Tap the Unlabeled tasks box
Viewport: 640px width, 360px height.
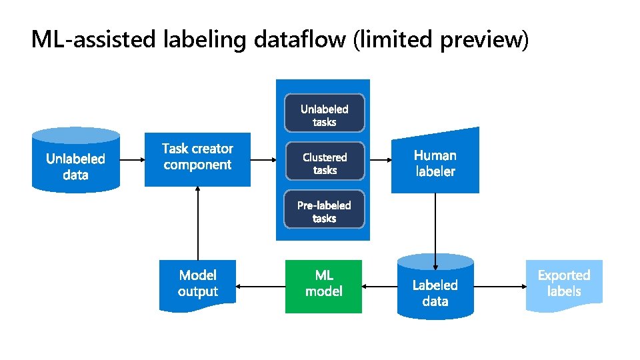coord(324,115)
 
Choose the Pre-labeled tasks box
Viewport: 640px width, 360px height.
coord(324,211)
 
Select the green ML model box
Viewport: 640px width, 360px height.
coord(323,286)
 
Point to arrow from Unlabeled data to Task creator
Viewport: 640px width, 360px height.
coord(132,160)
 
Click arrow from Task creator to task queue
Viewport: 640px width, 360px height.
coord(263,160)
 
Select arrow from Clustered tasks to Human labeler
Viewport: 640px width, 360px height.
coord(380,160)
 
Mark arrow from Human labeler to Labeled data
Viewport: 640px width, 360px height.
coord(435,223)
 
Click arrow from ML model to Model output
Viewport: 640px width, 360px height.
coord(260,287)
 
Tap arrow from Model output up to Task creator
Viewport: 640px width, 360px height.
coord(198,223)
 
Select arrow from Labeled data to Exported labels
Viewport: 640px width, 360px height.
coord(499,287)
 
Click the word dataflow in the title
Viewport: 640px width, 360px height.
coord(299,40)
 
